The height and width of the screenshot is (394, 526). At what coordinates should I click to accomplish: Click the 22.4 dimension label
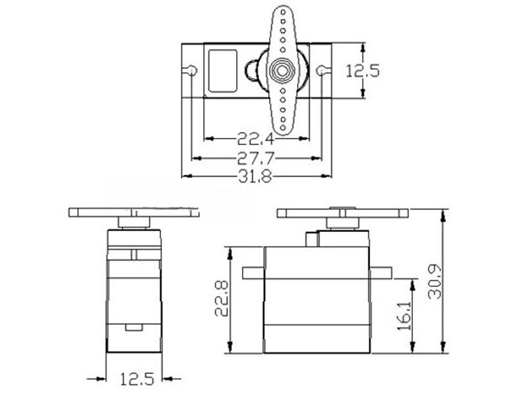(x=256, y=139)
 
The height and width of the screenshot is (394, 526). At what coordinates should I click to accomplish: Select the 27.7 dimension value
(x=256, y=158)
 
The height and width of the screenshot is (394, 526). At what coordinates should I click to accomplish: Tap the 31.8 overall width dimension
(x=255, y=176)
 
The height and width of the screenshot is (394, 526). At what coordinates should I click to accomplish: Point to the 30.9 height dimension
(x=435, y=282)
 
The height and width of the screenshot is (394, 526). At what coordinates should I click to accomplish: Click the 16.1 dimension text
(x=404, y=316)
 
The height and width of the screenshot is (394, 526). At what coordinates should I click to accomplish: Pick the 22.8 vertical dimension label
(x=222, y=299)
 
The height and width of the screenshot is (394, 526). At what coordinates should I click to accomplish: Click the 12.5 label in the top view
(x=362, y=71)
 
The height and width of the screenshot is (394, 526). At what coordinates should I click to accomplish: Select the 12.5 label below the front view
(x=137, y=379)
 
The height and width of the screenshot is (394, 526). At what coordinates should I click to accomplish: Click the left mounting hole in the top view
(x=192, y=70)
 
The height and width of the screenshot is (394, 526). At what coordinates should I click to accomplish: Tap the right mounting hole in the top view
(x=321, y=70)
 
